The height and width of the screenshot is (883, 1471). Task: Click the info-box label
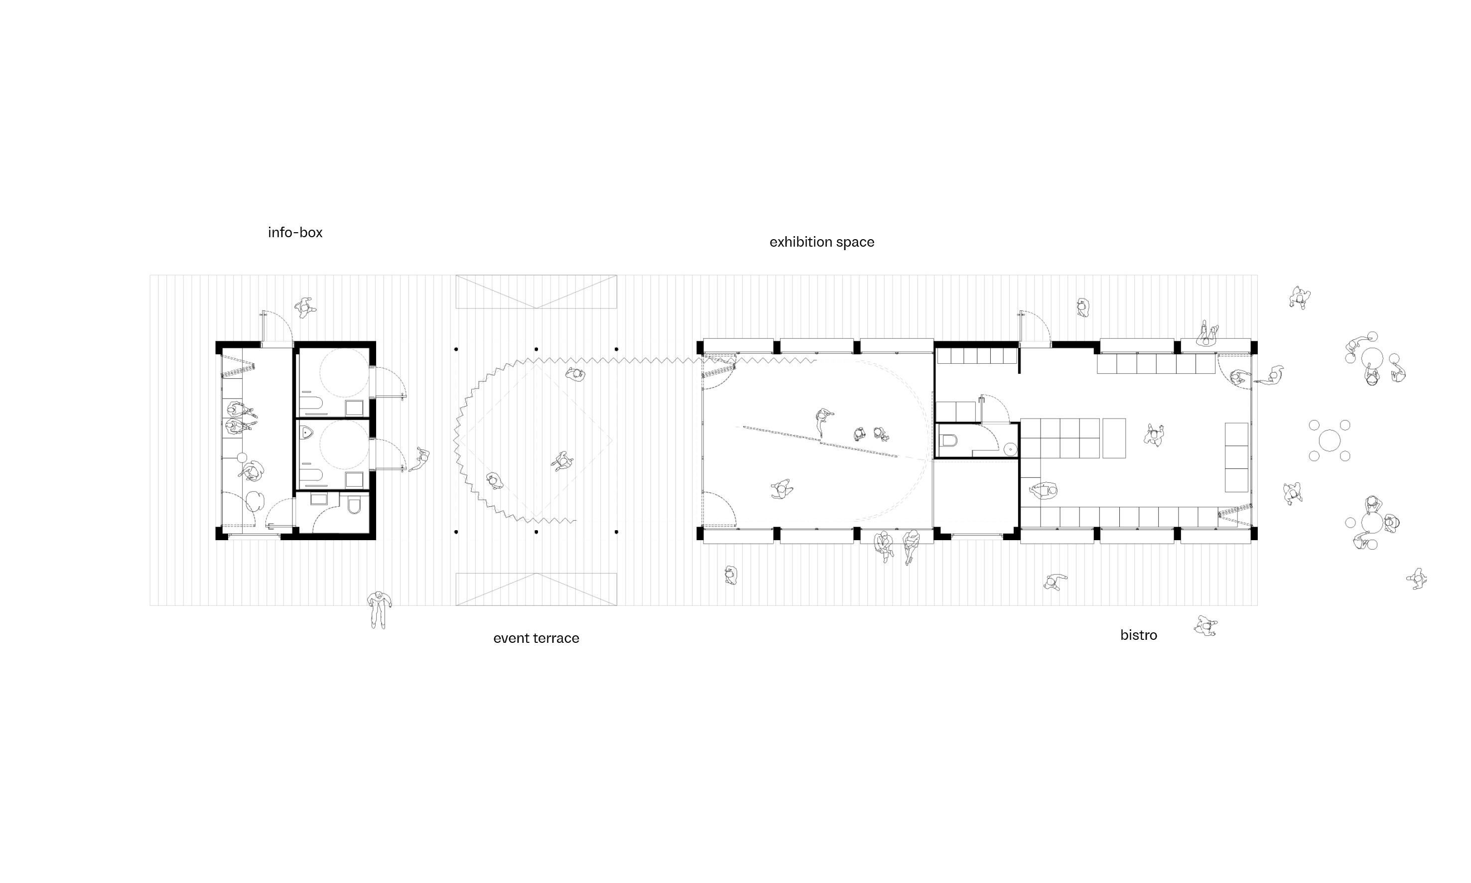[295, 232]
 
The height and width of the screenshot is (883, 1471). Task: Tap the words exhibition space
[821, 242]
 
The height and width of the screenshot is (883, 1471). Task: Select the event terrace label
[536, 638]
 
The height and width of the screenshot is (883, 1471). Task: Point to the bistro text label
[1139, 635]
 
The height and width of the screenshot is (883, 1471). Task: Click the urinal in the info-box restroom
[306, 432]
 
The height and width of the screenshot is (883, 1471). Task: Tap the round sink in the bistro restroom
[1010, 449]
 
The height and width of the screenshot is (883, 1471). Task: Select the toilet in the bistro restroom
[948, 441]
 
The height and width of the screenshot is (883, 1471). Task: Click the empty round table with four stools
[1330, 441]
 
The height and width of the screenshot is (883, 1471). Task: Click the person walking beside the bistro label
[1205, 626]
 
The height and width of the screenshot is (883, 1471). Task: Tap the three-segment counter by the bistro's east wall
[1236, 457]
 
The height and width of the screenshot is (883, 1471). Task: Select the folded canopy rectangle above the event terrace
[536, 292]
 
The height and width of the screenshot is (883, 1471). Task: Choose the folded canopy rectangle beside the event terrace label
[536, 589]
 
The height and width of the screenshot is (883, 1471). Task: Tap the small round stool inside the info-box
[242, 457]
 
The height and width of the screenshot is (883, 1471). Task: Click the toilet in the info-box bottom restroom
[354, 506]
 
